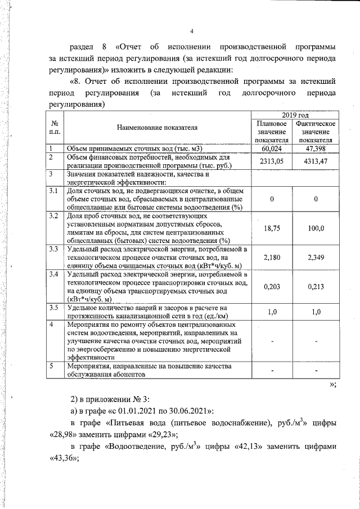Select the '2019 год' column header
(x=294, y=114)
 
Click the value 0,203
(x=272, y=286)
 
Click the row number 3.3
(x=54, y=249)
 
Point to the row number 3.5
(x=54, y=307)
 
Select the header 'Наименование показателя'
(x=157, y=128)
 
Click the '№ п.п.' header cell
(x=55, y=128)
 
